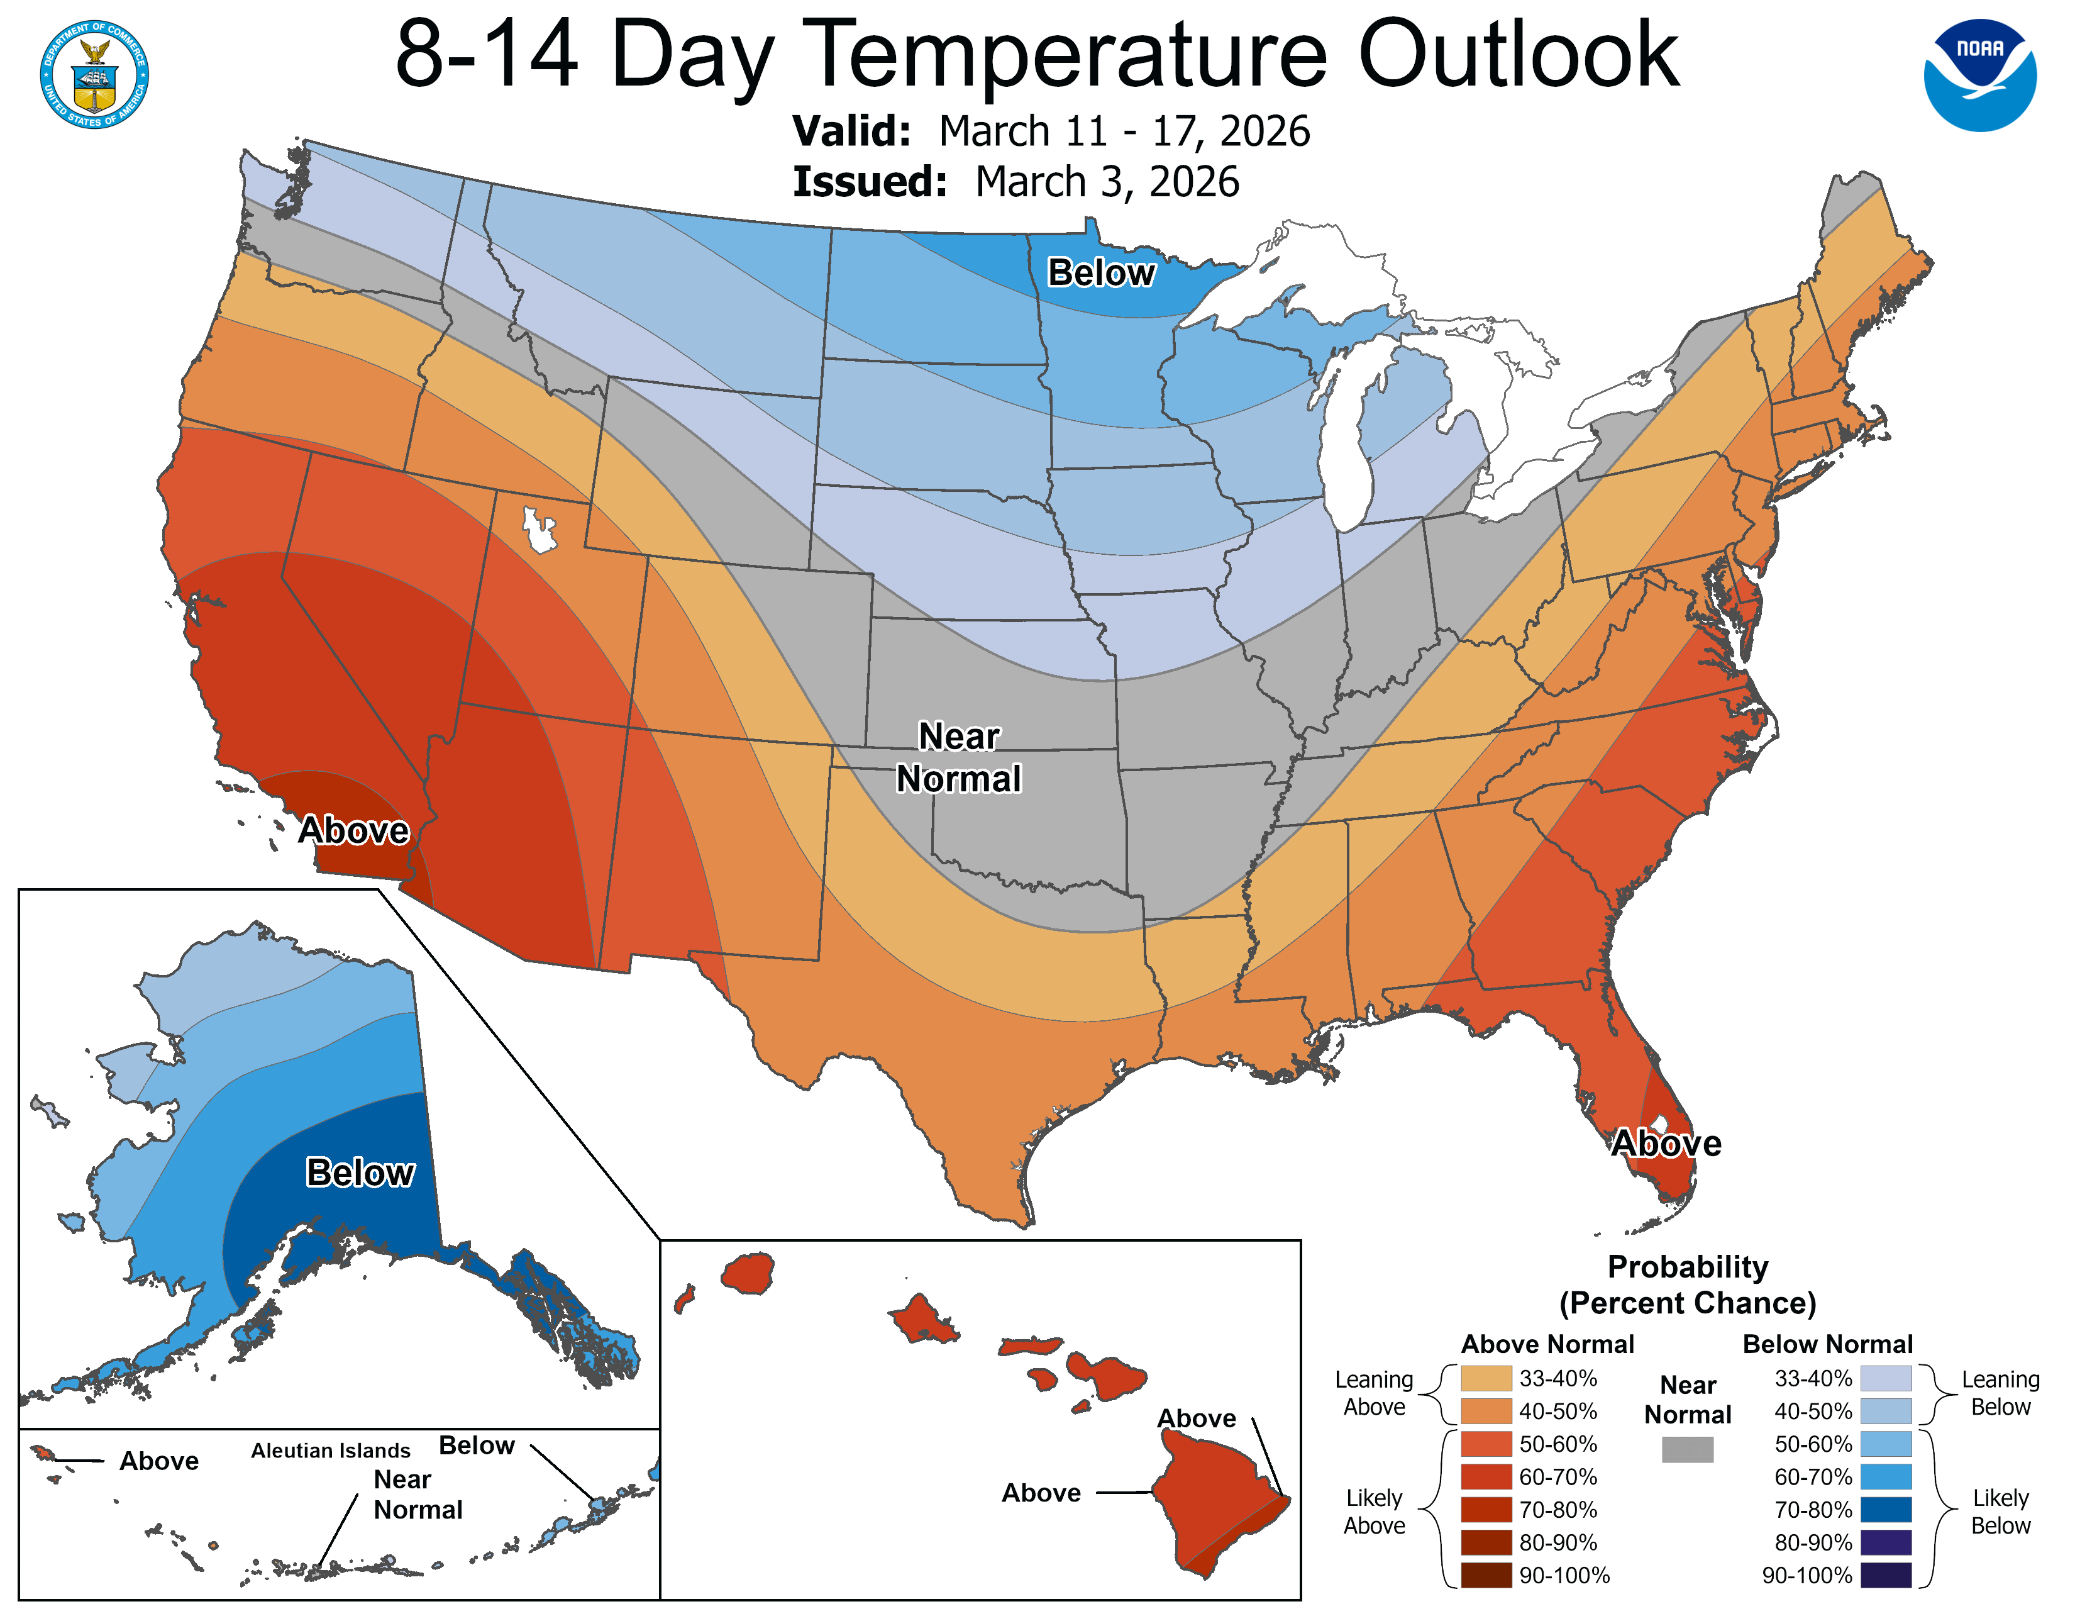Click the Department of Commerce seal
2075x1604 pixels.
click(94, 75)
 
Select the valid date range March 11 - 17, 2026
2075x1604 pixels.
click(1124, 131)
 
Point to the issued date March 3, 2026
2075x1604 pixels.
click(1107, 182)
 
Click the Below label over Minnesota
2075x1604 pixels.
click(1100, 273)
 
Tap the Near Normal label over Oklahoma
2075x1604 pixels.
click(959, 757)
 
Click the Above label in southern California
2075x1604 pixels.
click(353, 830)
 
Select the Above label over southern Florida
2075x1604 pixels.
click(1666, 1143)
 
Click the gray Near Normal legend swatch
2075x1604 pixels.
click(1688, 1449)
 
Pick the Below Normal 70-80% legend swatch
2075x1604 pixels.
click(1885, 1509)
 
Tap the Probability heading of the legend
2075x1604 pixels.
click(1688, 1267)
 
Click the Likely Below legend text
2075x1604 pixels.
click(2000, 1511)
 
